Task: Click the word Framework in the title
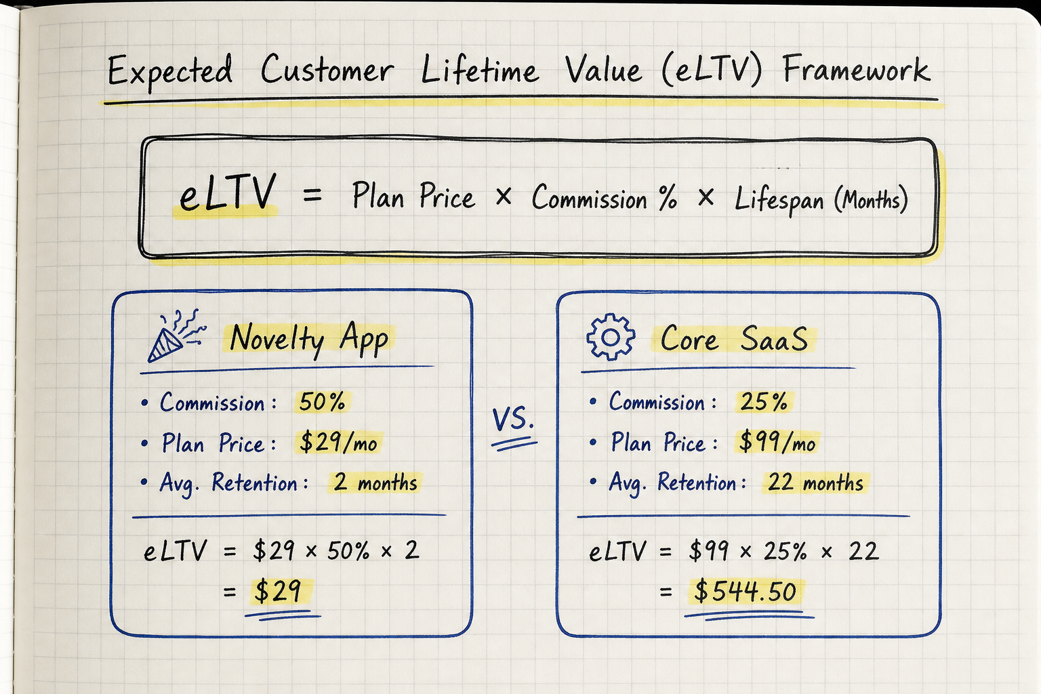[857, 70]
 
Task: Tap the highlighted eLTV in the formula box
[228, 192]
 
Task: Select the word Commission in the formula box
[589, 199]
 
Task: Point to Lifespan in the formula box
[779, 201]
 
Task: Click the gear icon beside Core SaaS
[611, 337]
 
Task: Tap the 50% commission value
[322, 402]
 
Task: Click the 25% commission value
[764, 401]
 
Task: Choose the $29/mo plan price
[338, 442]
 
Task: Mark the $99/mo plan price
[777, 442]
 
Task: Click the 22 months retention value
[815, 482]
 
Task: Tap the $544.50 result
[746, 592]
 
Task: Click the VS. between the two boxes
[513, 418]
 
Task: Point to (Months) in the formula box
[871, 201]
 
